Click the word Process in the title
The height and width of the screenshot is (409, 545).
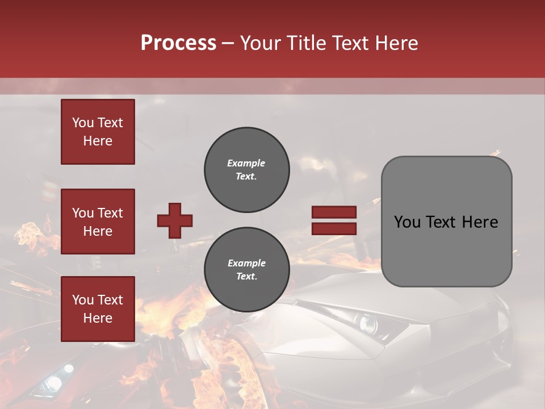coord(178,43)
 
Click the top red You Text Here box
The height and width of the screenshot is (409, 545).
coord(98,132)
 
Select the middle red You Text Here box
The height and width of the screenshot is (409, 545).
coord(98,222)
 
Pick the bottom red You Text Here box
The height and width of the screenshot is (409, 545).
coord(98,309)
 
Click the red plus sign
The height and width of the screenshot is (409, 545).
coord(175,220)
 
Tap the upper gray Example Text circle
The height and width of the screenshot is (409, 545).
coord(247,170)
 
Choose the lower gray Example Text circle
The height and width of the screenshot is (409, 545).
coord(247,269)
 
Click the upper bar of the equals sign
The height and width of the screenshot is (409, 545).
coord(334,212)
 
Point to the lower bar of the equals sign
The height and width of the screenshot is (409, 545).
coord(334,228)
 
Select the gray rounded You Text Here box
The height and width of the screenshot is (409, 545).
coord(446,222)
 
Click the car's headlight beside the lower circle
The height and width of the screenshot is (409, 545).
coord(367,324)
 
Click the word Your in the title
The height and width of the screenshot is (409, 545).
coord(262,43)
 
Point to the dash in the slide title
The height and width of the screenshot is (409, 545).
coord(228,43)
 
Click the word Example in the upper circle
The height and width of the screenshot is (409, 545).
coord(246,163)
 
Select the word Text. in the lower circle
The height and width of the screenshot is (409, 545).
coord(246,277)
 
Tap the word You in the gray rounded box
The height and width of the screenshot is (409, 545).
coord(406,222)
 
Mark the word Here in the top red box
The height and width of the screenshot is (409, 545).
coord(98,141)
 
